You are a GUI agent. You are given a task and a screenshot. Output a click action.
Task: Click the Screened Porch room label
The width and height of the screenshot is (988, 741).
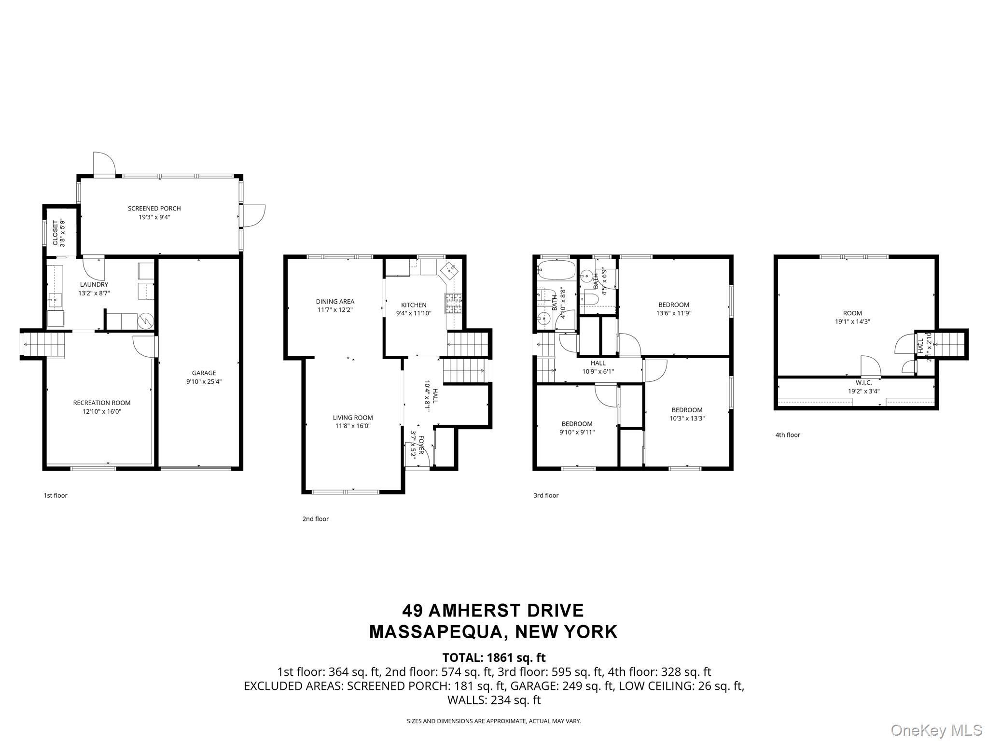(x=154, y=209)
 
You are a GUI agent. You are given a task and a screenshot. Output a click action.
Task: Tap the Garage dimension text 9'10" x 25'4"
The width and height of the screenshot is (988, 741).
(x=204, y=381)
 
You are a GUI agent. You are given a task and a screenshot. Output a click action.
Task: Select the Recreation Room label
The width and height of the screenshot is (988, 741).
(x=101, y=403)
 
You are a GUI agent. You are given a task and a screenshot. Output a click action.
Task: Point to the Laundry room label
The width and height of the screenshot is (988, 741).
(x=94, y=284)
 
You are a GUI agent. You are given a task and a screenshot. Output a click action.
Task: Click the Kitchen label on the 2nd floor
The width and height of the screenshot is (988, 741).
(x=414, y=305)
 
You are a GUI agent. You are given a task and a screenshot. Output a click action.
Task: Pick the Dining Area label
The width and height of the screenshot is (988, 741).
(x=335, y=301)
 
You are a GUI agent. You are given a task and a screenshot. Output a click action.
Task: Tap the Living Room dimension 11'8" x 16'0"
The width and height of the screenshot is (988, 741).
(x=353, y=426)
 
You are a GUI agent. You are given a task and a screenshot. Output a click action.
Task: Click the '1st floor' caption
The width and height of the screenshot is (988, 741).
(x=56, y=495)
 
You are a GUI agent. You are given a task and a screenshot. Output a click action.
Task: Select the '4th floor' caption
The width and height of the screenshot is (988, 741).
(x=788, y=435)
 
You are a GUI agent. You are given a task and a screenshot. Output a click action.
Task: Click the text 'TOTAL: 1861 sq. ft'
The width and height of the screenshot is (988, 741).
(x=494, y=657)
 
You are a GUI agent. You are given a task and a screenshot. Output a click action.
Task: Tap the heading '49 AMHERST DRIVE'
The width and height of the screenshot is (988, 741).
(x=493, y=611)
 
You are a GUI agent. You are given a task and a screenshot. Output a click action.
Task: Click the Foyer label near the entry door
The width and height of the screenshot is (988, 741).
(x=421, y=444)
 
